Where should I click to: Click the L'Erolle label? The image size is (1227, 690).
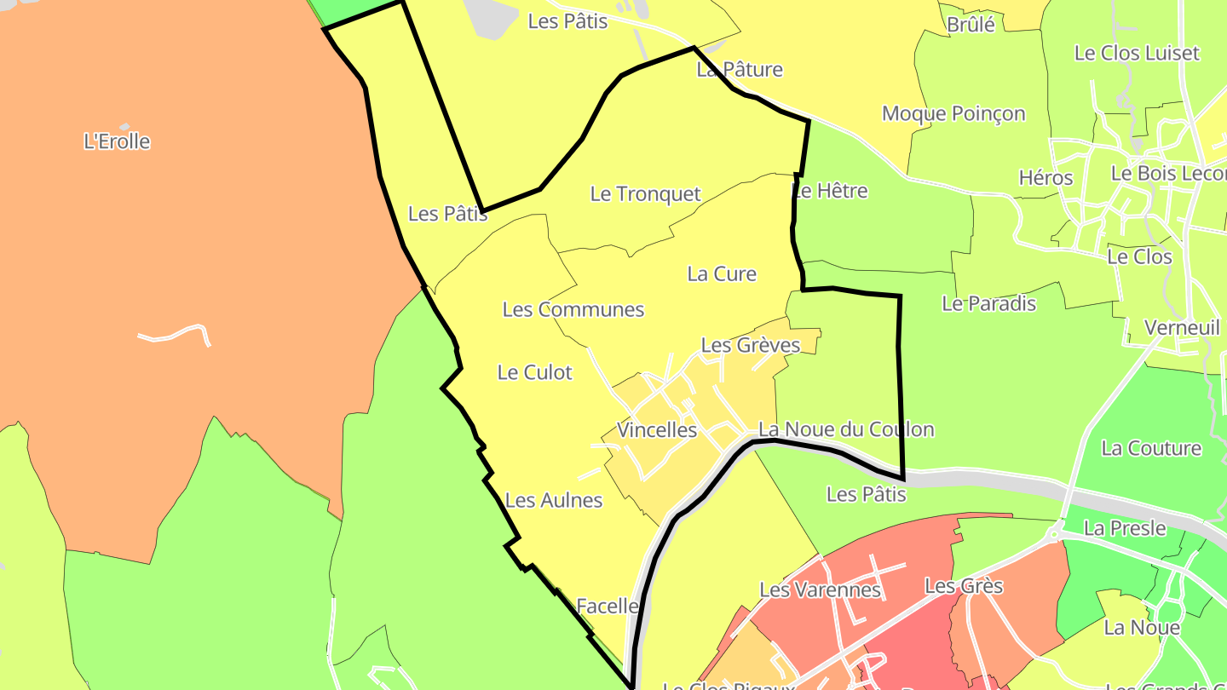pos(117,141)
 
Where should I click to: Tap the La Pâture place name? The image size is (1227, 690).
pos(739,69)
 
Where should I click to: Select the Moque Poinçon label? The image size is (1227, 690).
pos(953,113)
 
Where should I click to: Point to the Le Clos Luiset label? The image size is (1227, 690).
pos(1136,53)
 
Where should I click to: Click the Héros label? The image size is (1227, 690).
pos(1046,178)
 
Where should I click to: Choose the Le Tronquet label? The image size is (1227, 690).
pos(645,194)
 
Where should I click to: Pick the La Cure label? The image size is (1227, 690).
pos(722,273)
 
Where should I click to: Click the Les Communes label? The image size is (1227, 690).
pos(573,309)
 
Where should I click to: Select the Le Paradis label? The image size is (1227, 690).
pos(988,303)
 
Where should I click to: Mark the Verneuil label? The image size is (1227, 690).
pos(1181,327)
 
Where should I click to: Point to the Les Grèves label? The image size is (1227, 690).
pos(750,345)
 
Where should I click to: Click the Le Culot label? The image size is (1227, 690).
pos(534,372)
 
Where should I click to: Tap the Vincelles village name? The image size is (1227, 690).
pos(657,430)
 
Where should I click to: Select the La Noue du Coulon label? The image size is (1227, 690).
pos(845,429)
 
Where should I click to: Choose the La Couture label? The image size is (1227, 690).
pos(1150,448)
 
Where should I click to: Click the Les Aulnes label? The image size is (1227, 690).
pos(554,501)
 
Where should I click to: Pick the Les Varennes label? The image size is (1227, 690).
pos(819,589)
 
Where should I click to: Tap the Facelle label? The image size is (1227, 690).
pos(607,606)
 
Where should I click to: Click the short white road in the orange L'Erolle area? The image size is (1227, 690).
pos(175,331)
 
